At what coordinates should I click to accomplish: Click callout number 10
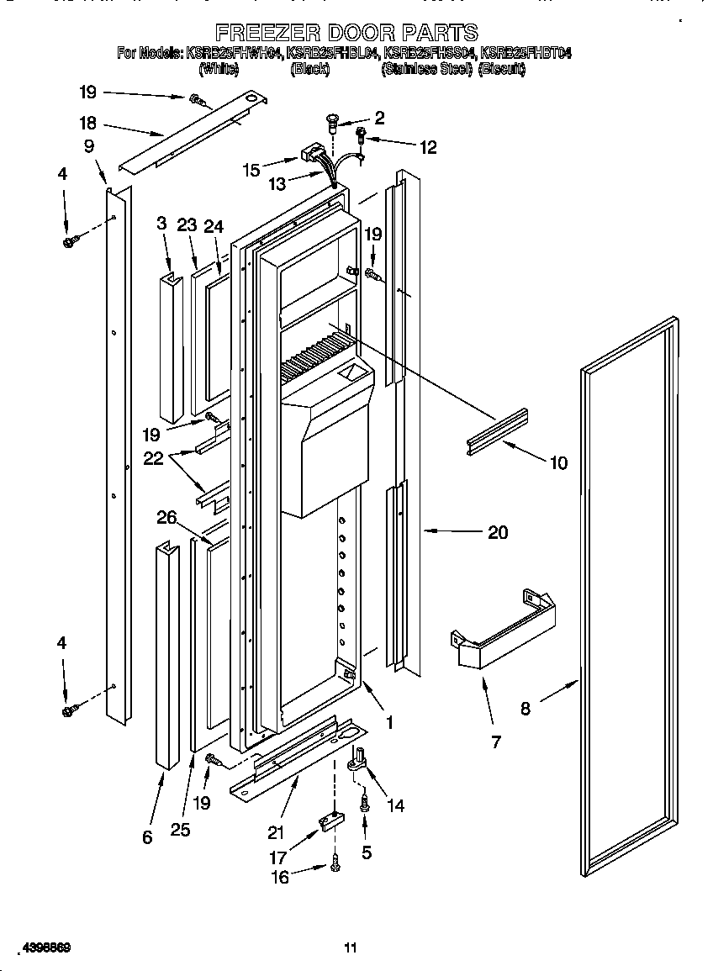coord(558,462)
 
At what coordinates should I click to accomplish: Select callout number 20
coord(498,532)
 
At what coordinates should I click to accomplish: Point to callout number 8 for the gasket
coord(526,708)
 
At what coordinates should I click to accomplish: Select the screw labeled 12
coord(362,135)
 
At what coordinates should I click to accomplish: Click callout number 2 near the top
coord(379,118)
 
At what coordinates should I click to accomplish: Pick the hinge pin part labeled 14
coord(359,760)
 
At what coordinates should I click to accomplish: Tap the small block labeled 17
coord(329,822)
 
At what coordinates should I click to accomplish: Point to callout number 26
coord(166,518)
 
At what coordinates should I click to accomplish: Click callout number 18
coord(87,123)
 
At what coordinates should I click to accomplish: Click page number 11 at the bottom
coord(351,948)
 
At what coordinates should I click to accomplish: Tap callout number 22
coord(153,458)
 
